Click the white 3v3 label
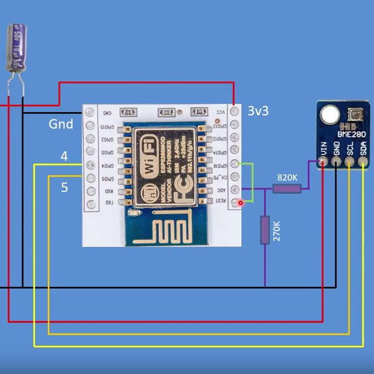[x=258, y=111]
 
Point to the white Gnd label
[x=61, y=124]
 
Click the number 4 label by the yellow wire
[x=64, y=156]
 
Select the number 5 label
[x=64, y=187]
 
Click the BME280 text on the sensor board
[x=351, y=132]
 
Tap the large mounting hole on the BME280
[x=328, y=115]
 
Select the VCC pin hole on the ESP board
[x=234, y=112]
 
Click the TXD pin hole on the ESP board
[x=91, y=203]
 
